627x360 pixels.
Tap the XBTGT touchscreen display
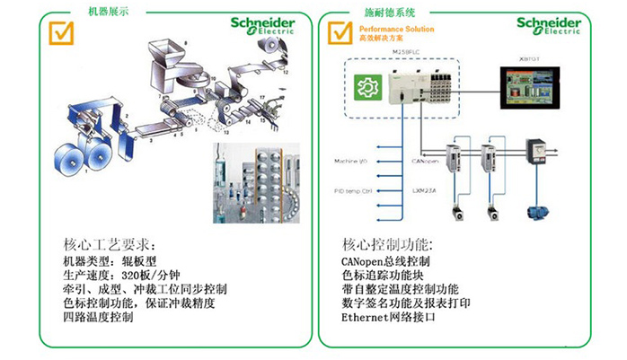[x=529, y=89]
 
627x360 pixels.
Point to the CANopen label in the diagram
[x=424, y=160]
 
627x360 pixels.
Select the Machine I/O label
[x=352, y=161]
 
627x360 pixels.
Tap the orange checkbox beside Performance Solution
[x=341, y=32]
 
